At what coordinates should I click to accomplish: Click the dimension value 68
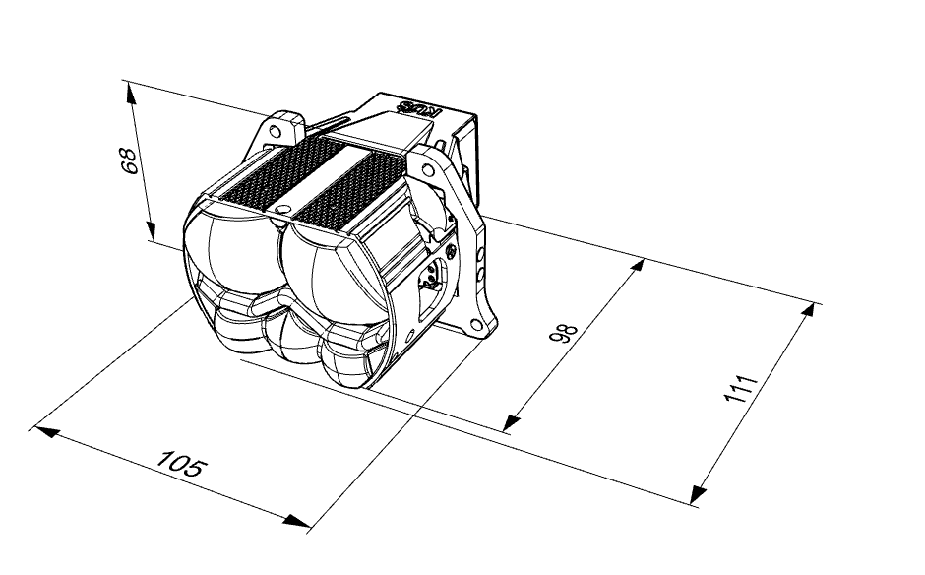129,160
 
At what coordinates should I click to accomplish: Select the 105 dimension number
182,463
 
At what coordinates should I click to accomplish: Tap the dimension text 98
563,334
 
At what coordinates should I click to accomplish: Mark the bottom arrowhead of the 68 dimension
151,230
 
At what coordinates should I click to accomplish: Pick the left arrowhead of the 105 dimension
47,431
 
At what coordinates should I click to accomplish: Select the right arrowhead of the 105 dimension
297,521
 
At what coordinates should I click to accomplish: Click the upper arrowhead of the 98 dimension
636,266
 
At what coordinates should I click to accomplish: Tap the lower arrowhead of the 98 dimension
512,422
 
